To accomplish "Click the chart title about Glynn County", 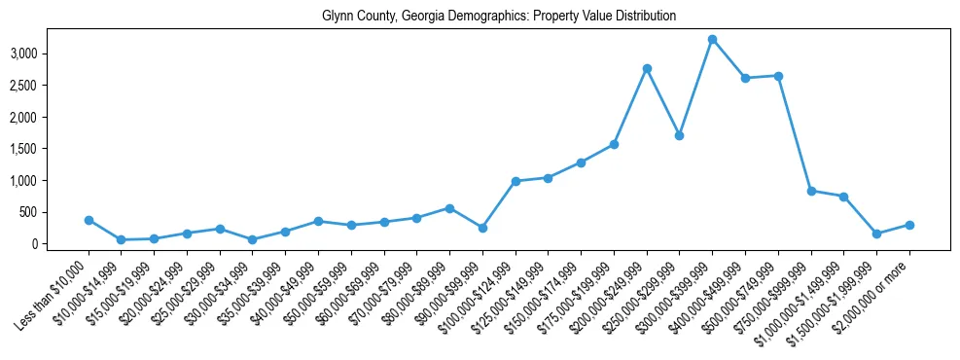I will (499, 17).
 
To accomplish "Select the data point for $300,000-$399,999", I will (712, 40).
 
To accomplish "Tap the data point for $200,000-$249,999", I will (647, 69).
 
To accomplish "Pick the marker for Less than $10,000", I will (89, 221).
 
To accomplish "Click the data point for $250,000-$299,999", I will (679, 135).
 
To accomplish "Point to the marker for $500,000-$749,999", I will (778, 76).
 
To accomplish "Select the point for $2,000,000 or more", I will (909, 225).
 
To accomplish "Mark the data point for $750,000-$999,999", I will (811, 191).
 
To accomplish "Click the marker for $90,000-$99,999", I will (482, 228).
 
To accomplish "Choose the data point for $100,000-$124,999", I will (516, 181).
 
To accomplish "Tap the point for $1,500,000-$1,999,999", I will (876, 234).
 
